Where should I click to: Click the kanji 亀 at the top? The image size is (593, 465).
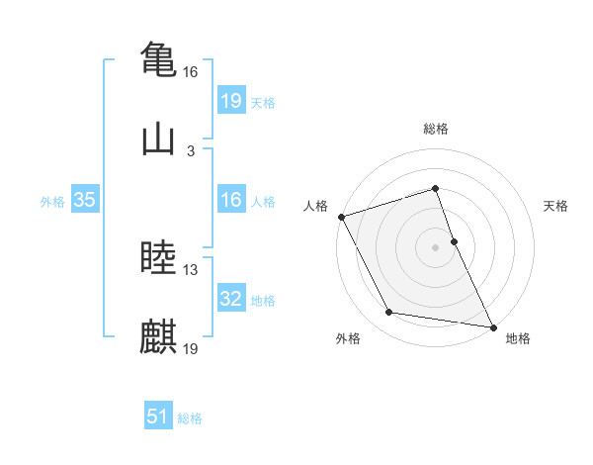click(x=158, y=58)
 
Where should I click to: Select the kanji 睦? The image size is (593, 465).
click(x=158, y=257)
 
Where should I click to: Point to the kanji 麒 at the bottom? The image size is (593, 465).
click(x=158, y=336)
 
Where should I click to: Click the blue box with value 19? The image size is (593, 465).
click(x=230, y=101)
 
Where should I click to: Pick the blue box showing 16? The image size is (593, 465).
click(x=230, y=201)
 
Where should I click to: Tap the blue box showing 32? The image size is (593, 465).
click(x=230, y=299)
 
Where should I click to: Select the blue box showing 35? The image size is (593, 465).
click(x=84, y=200)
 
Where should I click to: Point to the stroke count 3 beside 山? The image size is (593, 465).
click(x=191, y=151)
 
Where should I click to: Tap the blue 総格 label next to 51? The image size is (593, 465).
click(x=190, y=418)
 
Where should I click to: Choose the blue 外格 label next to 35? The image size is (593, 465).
click(x=52, y=202)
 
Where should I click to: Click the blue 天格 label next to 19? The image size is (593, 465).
click(x=262, y=103)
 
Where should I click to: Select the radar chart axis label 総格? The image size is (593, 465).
click(x=436, y=129)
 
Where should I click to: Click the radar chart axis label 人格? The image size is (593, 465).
click(x=316, y=206)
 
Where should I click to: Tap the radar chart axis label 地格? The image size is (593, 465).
click(x=518, y=338)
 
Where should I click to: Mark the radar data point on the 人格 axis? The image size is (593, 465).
click(x=341, y=217)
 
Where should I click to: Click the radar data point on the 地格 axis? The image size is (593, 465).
click(x=492, y=325)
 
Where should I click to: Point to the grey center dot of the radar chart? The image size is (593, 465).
click(x=436, y=247)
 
